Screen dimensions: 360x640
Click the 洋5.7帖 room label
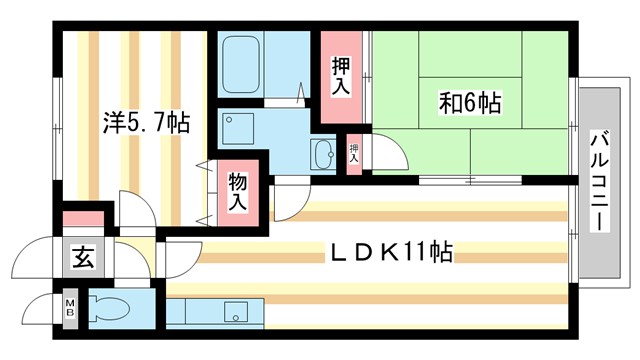pos(145,123)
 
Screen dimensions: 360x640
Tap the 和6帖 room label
pos(469,101)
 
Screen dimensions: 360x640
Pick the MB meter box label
pos(70,307)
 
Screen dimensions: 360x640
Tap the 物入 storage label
pos(237,191)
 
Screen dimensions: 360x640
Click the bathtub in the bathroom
pos(250,64)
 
